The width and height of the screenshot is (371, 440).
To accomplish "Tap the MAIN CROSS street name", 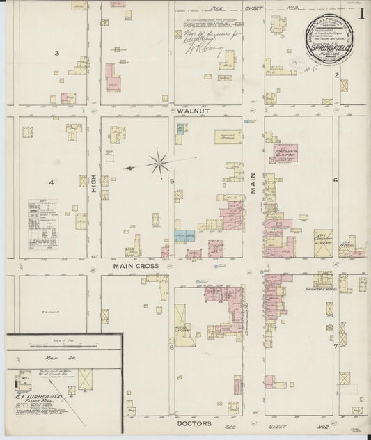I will [136, 266].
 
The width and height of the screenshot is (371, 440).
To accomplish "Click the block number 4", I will [52, 182].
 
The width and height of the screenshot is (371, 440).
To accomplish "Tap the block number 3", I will [58, 54].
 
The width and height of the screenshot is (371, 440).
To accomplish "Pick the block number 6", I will [335, 180].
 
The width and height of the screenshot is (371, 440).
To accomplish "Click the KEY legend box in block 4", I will [42, 223].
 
